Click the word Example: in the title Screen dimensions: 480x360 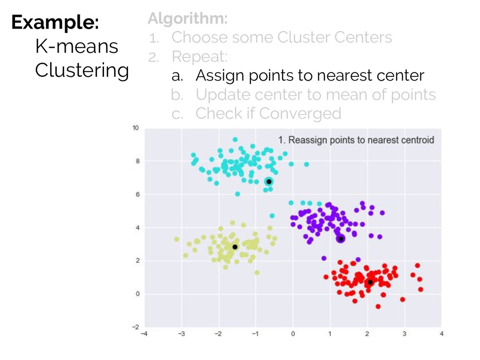point(55,22)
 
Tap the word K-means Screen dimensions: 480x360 point(77,46)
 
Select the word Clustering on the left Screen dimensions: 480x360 point(82,71)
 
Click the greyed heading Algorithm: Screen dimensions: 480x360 point(187,19)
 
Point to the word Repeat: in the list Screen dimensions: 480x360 point(200,57)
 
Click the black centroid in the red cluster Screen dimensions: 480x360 point(370,282)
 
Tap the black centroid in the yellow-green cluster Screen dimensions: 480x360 point(235,247)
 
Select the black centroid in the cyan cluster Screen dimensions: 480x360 point(269,181)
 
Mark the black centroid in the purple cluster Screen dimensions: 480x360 point(341,239)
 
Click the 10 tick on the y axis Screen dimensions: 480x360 point(135,128)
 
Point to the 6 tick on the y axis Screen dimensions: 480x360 point(137,195)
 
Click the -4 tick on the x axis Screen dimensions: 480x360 point(144,334)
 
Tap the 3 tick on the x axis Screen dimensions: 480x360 point(405,334)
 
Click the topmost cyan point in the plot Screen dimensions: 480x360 point(235,140)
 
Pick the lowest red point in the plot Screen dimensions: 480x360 point(378,307)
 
